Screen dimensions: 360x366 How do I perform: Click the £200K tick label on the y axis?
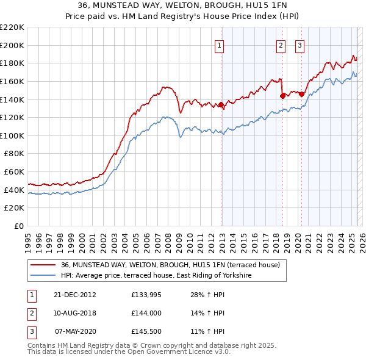[x=12, y=45]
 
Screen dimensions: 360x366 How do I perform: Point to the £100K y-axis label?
[x=12, y=135]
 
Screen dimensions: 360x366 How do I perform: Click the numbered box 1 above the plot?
[x=219, y=45]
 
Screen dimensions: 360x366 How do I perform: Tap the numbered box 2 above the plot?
[x=281, y=45]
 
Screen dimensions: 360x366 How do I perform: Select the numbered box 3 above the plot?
[x=300, y=45]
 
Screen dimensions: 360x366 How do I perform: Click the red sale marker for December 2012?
[x=221, y=105]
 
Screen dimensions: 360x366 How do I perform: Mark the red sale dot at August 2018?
[x=282, y=96]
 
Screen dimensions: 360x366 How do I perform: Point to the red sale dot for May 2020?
[x=301, y=95]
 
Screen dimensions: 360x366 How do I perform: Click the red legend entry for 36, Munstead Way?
[x=170, y=265]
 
